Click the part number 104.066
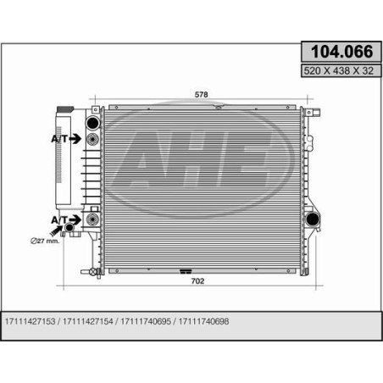[341, 52]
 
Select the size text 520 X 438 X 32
[339, 70]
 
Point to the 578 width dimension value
[201, 95]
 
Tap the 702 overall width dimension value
[197, 281]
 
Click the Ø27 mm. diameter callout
[45, 241]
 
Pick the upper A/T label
[59, 139]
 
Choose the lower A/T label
[59, 220]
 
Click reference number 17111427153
[31, 321]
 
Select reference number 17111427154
[88, 321]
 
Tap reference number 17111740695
[146, 321]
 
